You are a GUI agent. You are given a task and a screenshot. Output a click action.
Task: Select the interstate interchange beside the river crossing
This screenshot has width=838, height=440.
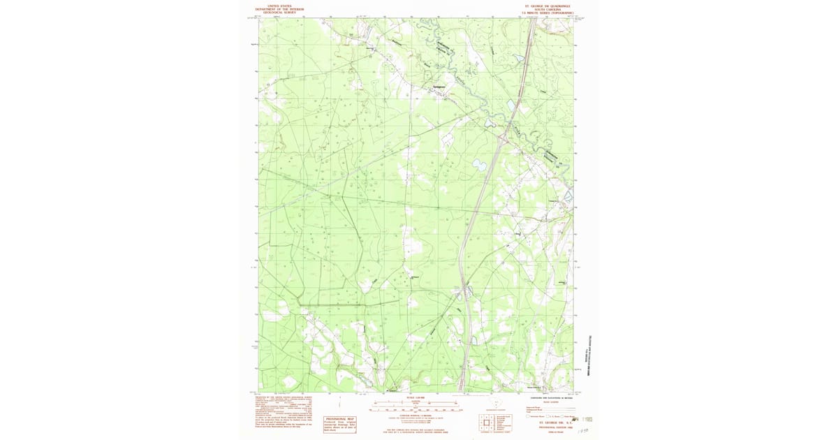(x=501, y=138)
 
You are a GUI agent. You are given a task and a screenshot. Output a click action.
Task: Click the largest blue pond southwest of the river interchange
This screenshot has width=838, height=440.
(x=479, y=166)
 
